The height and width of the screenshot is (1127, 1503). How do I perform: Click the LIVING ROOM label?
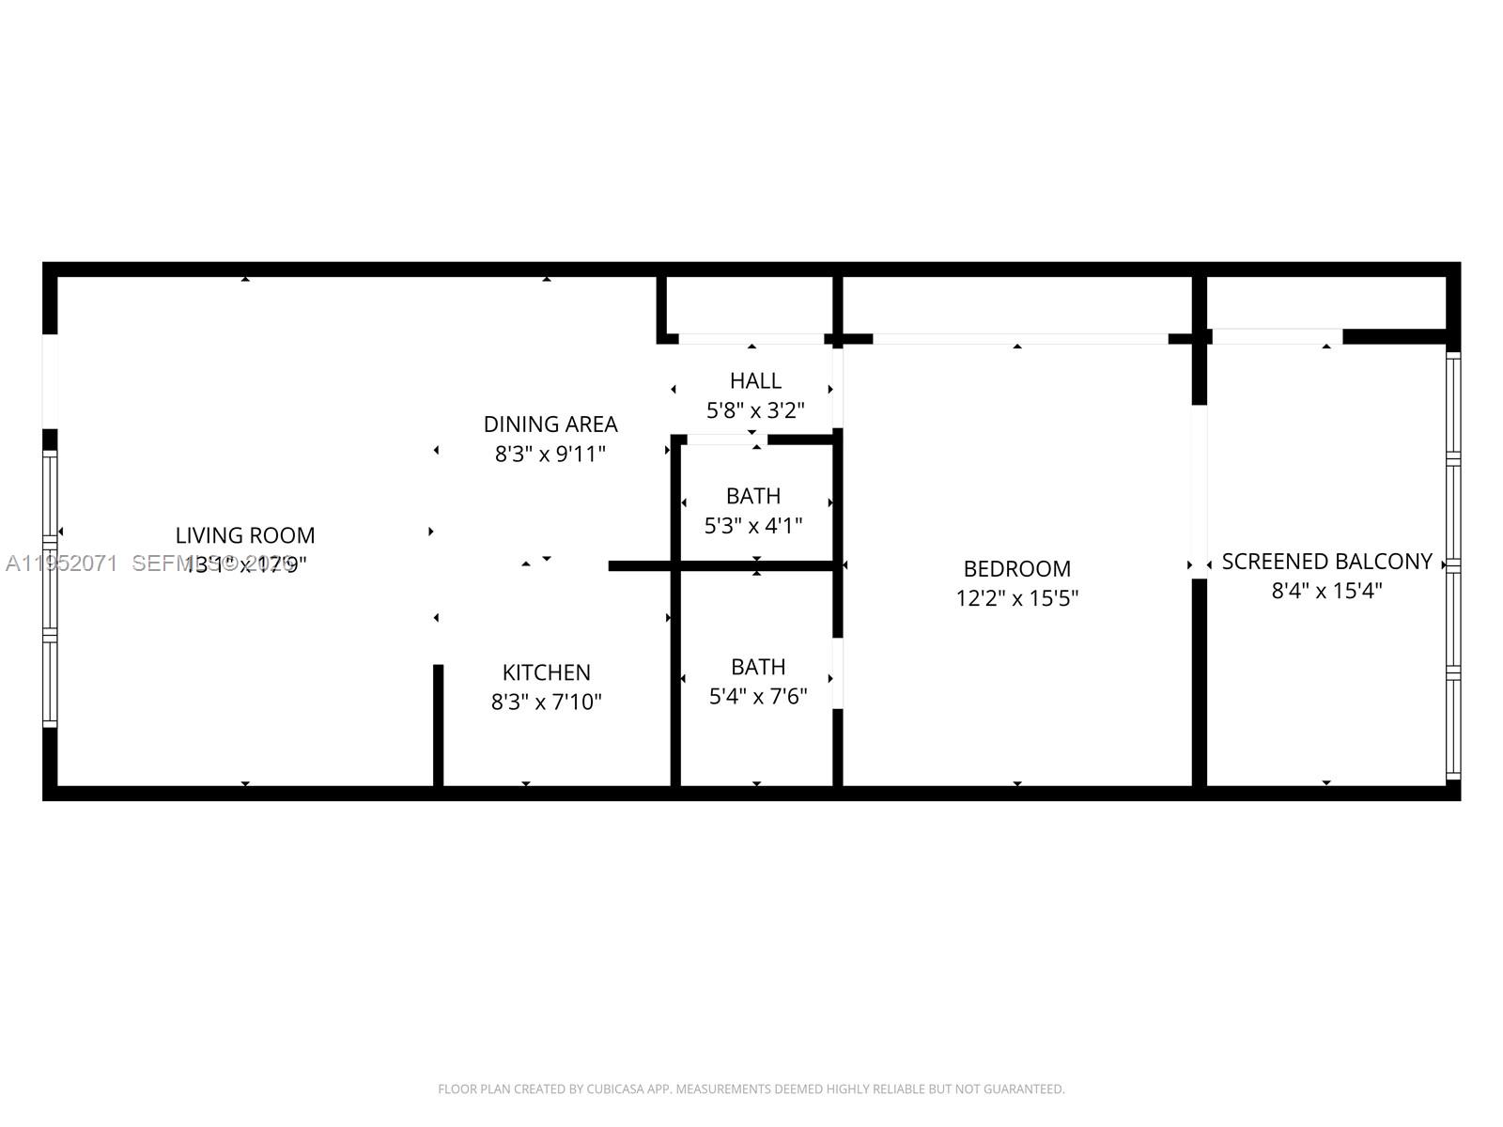(245, 535)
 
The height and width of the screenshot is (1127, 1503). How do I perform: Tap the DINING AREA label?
(550, 425)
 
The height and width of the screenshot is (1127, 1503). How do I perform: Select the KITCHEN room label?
(546, 672)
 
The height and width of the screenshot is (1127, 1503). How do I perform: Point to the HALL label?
(755, 380)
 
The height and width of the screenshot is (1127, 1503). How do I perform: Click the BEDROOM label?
(1016, 569)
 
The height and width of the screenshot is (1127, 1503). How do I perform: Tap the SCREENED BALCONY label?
(1326, 562)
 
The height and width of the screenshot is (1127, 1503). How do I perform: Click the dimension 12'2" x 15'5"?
(1016, 598)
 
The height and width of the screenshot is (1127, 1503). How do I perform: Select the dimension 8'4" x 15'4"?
(1326, 591)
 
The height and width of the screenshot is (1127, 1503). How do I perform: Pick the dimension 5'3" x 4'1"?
(753, 525)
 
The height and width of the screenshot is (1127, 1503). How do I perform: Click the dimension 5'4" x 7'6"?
(758, 696)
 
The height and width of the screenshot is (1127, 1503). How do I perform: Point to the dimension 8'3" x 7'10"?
(546, 702)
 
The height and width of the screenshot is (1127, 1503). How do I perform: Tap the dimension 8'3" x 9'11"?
(550, 455)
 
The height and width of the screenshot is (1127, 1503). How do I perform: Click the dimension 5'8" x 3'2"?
(755, 410)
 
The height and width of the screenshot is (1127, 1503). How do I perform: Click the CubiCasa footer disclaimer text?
(751, 1089)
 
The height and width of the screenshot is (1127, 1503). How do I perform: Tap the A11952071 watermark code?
(61, 563)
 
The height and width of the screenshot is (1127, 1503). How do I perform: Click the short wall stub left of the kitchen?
(438, 723)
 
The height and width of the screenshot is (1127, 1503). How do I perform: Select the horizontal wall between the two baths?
(756, 565)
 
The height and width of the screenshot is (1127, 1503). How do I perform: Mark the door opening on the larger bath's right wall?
(837, 673)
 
